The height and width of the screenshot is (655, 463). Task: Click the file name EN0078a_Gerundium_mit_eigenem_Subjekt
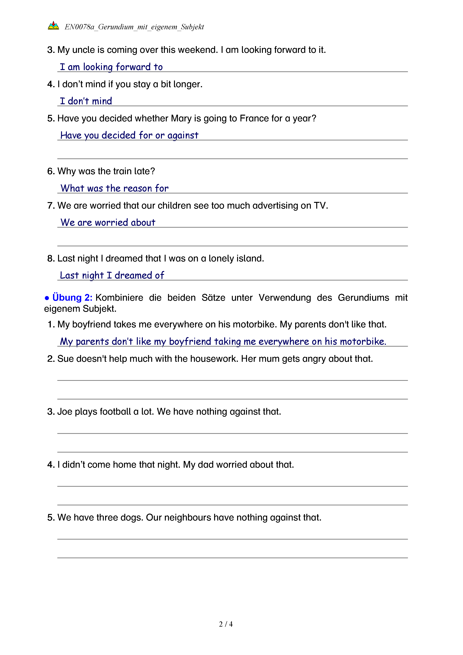(134, 27)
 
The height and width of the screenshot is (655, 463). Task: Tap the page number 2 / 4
(226, 624)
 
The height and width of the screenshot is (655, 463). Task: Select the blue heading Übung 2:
(72, 298)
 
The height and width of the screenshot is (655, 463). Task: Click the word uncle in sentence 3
(84, 50)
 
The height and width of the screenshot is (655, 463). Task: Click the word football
(115, 412)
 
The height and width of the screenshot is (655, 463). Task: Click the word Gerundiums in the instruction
(363, 298)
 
